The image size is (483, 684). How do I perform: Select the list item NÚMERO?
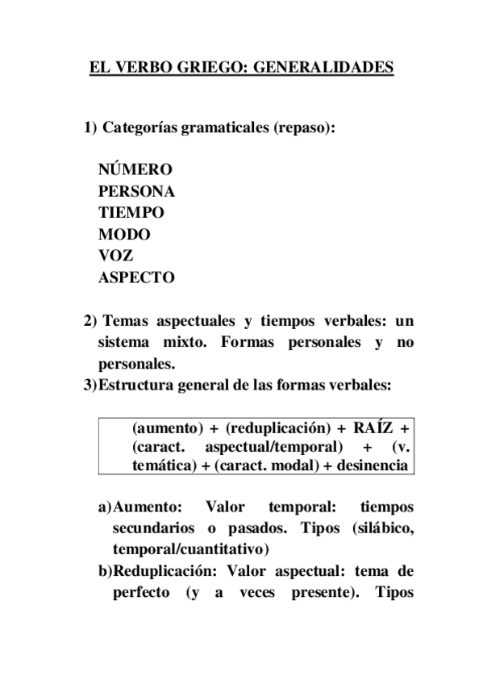pos(135,169)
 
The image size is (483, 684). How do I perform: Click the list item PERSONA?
pos(136,191)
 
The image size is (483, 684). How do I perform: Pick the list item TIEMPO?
pos(131,213)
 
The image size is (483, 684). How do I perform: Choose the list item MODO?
pos(124,235)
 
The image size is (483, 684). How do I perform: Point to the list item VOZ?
pos(116,256)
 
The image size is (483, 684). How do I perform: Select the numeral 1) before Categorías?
pos(90,129)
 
